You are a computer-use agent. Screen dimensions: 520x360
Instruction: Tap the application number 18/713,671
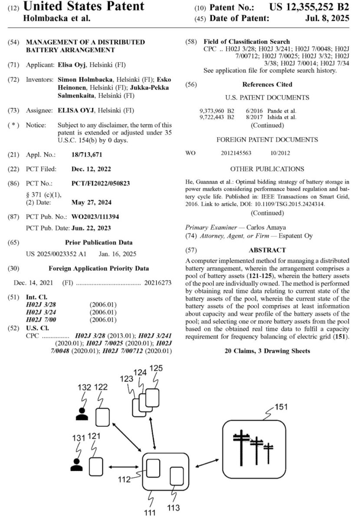click(87, 154)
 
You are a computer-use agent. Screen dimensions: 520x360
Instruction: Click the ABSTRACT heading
click(267, 250)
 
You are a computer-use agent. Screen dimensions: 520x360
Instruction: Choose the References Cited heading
click(267, 84)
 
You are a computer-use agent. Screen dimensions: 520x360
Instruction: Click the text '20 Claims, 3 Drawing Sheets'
click(267, 351)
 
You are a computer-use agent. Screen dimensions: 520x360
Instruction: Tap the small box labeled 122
click(102, 417)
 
